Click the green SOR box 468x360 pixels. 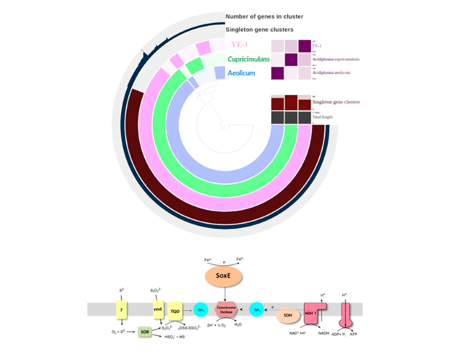(x=145, y=330)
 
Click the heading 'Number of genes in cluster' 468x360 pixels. (x=264, y=16)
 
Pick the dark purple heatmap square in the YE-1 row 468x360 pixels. (x=304, y=46)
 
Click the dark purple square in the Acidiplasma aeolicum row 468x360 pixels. (x=277, y=73)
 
